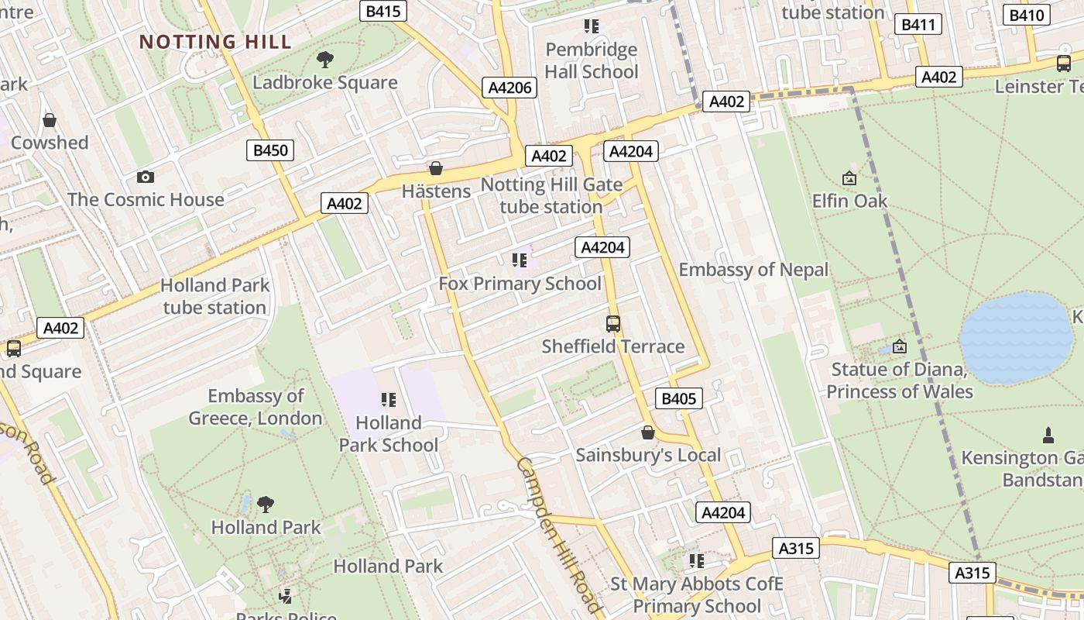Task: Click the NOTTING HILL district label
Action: (x=215, y=42)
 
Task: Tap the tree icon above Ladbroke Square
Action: (x=325, y=60)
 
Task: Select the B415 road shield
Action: (x=384, y=11)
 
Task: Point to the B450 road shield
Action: (x=270, y=150)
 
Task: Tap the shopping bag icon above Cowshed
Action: (x=50, y=120)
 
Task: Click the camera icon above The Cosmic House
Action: (x=145, y=177)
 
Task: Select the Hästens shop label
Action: (x=436, y=191)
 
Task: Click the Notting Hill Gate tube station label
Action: (x=551, y=196)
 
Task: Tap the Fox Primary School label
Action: (x=520, y=284)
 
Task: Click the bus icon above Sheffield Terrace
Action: (x=613, y=323)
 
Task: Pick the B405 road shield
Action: (x=679, y=399)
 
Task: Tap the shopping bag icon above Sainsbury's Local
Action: (x=648, y=432)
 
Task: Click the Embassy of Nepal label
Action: (x=753, y=270)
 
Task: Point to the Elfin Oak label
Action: (x=849, y=201)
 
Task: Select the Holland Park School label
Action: (x=389, y=434)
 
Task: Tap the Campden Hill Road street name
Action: (x=558, y=535)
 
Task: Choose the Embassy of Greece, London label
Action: (x=256, y=408)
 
